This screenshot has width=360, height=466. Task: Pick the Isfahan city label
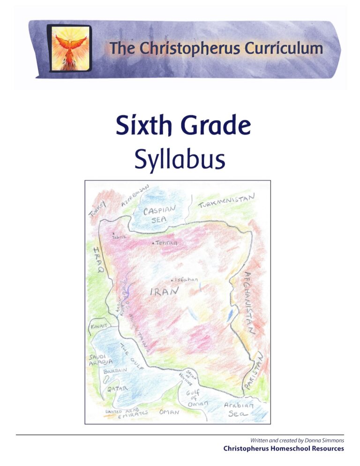click(186, 280)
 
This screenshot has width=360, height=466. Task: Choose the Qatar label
click(117, 389)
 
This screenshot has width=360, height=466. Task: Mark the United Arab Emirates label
click(126, 413)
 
